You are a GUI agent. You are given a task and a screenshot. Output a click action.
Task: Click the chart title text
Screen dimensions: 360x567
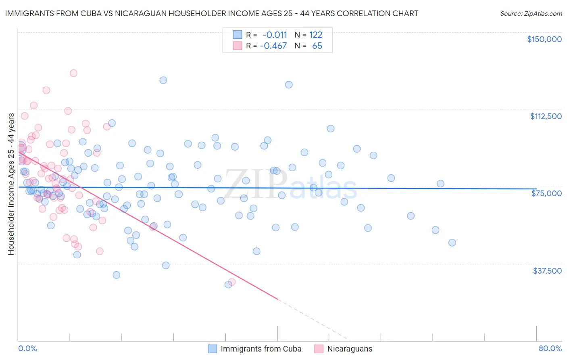coord(211,13)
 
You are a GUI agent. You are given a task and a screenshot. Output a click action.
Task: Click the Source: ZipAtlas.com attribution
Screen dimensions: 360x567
coord(531,13)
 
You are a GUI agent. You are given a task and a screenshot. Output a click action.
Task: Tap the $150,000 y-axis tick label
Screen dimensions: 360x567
coord(544,39)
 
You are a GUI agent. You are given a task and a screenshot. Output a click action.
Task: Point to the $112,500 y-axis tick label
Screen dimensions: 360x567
coord(546,116)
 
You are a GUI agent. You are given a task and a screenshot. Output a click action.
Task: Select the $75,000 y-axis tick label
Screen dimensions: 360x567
coord(546,193)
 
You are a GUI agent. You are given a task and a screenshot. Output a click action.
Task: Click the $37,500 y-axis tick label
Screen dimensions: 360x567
coord(547,271)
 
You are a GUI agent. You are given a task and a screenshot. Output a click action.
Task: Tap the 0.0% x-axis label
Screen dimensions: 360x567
coord(27,348)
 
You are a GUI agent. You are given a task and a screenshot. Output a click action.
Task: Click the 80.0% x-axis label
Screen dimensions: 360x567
coord(550,348)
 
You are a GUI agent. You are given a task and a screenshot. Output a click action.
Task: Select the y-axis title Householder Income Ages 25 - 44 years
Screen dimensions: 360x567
coord(11,184)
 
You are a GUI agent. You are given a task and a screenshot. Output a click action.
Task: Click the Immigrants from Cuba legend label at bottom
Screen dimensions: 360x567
coord(261,349)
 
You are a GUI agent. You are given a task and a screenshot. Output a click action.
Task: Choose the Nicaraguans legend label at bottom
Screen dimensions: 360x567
coord(350,349)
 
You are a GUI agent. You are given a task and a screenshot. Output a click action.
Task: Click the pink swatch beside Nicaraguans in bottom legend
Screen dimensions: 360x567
coord(319,349)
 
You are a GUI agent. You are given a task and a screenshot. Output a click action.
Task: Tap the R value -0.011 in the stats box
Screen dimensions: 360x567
coord(275,35)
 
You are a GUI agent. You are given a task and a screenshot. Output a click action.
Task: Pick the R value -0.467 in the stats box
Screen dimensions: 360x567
coord(273,46)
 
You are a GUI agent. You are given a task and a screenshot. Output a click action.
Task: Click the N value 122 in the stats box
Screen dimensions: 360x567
coord(316,35)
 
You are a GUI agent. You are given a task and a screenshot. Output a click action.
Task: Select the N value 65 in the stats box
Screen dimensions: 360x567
coord(317,46)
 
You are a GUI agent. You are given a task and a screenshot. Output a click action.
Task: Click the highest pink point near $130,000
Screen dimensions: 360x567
coord(73,73)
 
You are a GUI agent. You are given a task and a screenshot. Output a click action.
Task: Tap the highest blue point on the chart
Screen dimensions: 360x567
coord(163,80)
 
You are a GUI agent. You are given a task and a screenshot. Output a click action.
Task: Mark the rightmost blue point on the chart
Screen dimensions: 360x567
coord(452,243)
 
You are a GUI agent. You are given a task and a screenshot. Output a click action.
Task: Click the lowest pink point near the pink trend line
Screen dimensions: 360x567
coord(232,282)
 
